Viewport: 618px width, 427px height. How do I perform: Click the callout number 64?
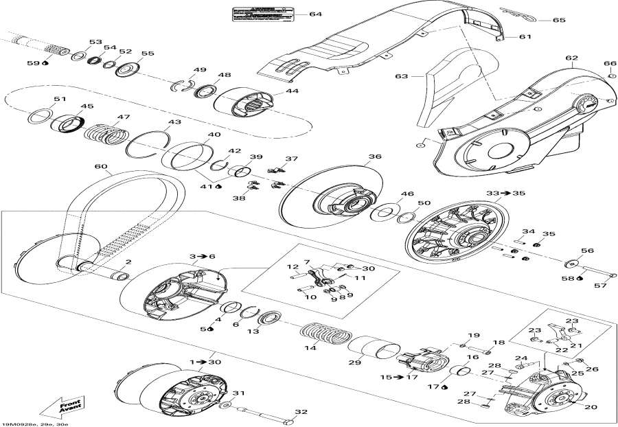315,14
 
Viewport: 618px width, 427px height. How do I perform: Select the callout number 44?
293,91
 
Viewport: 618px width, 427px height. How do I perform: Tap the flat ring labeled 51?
41,116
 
